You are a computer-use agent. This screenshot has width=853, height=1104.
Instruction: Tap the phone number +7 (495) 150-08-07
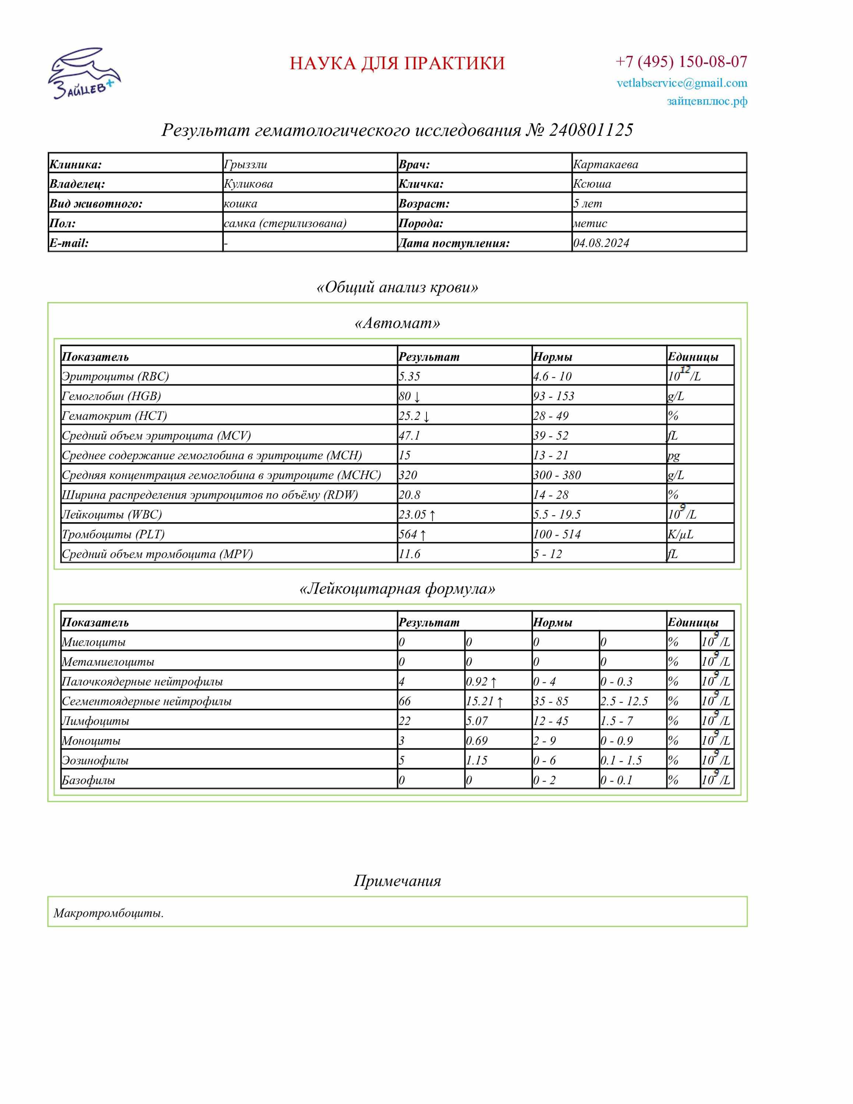(681, 62)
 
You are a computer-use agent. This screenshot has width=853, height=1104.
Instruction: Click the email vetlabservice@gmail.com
(681, 83)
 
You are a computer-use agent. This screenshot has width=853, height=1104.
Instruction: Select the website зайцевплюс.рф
(707, 101)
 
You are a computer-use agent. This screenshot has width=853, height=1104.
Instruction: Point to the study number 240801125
(591, 130)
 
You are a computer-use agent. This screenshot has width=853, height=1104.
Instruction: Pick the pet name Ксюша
(592, 184)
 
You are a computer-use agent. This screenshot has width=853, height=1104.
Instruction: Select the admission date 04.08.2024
(601, 243)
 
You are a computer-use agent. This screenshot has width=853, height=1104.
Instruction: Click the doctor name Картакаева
(605, 164)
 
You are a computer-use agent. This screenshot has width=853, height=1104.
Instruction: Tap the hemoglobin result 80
(405, 396)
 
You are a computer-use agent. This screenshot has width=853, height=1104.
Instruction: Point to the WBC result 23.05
(413, 514)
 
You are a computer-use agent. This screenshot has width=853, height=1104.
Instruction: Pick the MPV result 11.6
(409, 554)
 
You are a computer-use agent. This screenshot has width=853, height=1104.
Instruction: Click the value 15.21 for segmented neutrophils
(479, 701)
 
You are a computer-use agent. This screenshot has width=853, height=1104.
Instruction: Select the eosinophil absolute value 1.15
(477, 760)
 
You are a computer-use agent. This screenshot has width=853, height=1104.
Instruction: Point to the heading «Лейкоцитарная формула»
(397, 589)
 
